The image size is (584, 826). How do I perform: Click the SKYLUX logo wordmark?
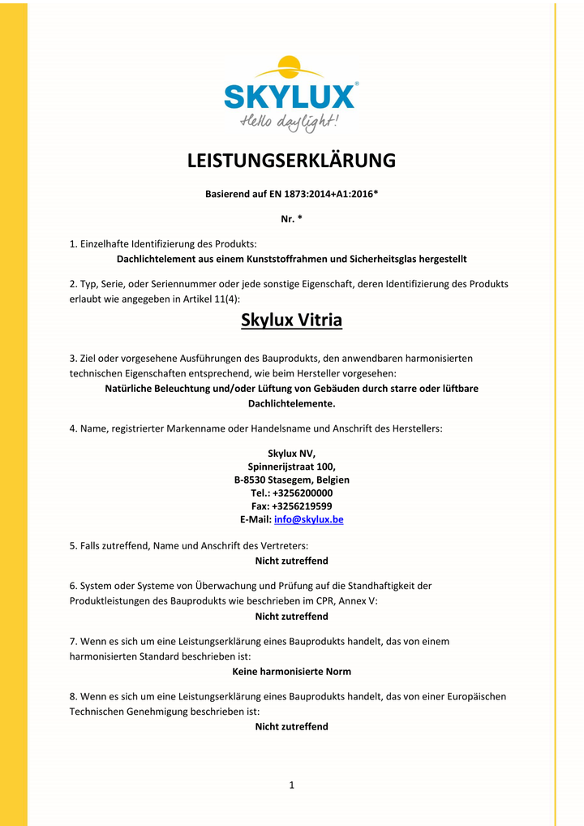[x=290, y=96]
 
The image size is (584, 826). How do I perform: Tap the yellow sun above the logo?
[x=278, y=67]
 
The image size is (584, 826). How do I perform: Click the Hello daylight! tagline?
[x=290, y=123]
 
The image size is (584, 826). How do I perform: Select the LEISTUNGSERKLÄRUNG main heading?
[x=291, y=161]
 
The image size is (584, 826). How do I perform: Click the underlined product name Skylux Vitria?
[x=291, y=321]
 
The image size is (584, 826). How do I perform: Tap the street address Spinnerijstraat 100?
[x=291, y=467]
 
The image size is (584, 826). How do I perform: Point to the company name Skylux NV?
[x=291, y=454]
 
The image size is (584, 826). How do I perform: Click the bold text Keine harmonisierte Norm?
[x=291, y=672]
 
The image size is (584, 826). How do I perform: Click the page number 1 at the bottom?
[x=291, y=785]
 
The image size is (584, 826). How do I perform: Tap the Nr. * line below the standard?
[x=291, y=219]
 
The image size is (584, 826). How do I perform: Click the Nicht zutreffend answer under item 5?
[x=291, y=561]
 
